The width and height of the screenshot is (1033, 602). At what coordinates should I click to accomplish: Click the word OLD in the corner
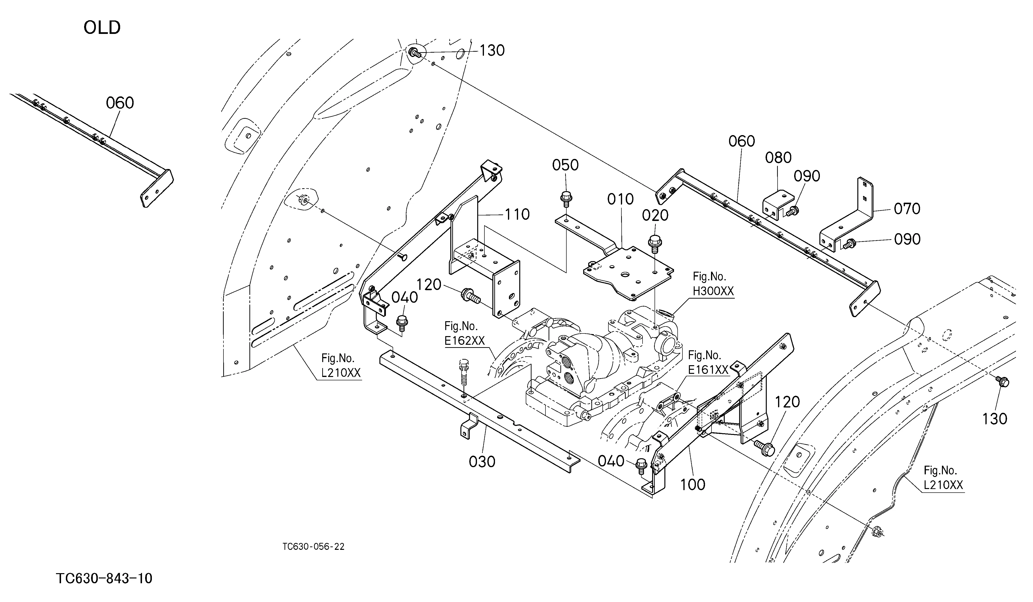point(102,28)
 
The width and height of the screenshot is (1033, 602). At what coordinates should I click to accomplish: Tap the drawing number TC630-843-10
point(104,579)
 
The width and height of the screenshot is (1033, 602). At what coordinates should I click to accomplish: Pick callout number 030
point(482,462)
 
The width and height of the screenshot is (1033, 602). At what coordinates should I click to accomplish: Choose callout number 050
point(565,165)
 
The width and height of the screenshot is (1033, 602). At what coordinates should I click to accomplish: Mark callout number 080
point(779,157)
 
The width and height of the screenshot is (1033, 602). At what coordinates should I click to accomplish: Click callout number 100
point(693,485)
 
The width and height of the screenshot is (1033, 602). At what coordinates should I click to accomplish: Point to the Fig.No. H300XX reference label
point(713,284)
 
